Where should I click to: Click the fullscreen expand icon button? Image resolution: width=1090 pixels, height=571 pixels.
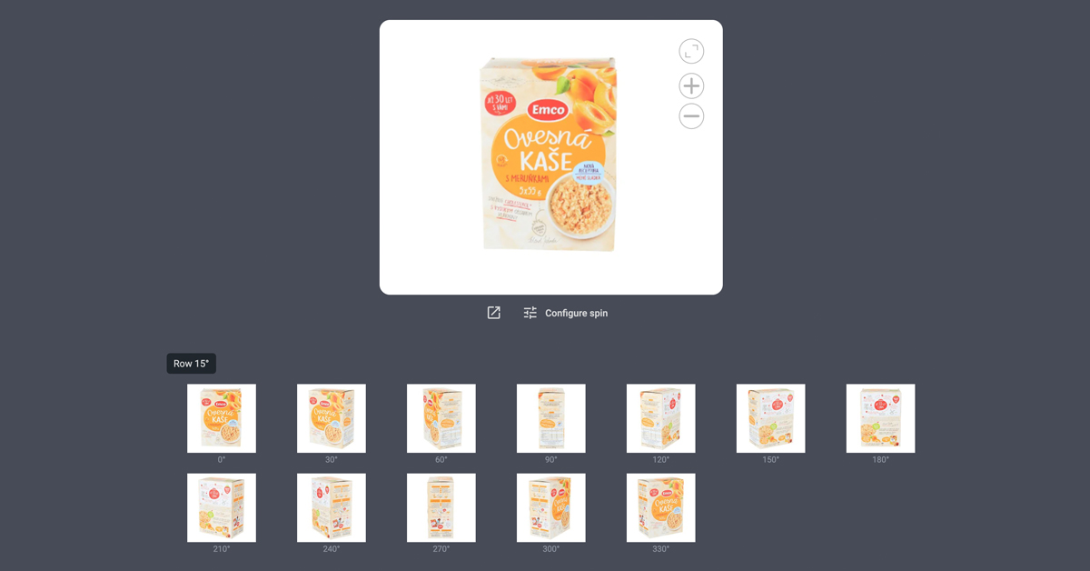point(691,51)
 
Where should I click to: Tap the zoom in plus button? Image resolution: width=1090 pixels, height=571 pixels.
point(691,85)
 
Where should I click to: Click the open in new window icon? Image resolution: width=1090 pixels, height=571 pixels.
point(493,313)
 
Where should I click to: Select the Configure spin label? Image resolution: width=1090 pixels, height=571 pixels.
point(576,313)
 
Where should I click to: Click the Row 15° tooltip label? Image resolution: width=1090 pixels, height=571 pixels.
point(191,364)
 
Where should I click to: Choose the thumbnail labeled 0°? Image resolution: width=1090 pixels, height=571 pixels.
point(222,418)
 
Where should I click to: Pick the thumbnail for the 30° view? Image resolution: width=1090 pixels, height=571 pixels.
point(332,418)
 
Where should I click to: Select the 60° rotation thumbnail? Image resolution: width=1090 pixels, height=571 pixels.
point(441,418)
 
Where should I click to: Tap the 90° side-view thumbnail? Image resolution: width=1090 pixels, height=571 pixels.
point(551,418)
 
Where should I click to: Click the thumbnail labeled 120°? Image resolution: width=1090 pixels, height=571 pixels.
point(661,418)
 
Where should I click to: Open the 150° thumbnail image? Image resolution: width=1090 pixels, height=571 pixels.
point(771,418)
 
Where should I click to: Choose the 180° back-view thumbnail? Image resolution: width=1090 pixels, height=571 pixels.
point(881,418)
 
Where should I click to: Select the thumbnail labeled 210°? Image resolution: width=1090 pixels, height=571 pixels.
point(222,507)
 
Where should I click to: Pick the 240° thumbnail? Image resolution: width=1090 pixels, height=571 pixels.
point(332,507)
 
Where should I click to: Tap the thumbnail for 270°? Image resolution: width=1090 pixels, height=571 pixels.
point(441,507)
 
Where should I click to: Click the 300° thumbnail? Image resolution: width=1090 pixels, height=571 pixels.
point(551,507)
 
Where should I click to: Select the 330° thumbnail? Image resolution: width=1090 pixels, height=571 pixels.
point(661,507)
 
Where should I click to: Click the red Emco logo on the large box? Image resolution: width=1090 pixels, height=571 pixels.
point(547,110)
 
